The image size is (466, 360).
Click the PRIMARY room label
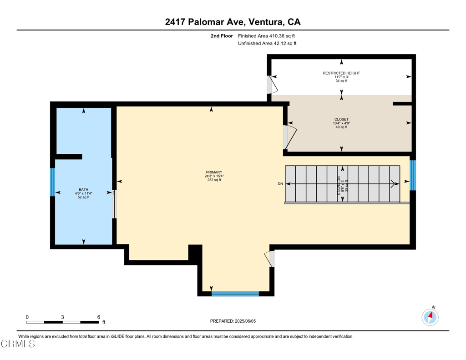coord(214,172)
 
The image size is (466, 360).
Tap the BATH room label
coord(84,189)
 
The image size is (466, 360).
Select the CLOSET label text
coord(341,119)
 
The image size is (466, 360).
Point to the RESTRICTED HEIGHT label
coord(341,73)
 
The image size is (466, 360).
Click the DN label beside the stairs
coord(280,184)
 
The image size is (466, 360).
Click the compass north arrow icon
coord(430,317)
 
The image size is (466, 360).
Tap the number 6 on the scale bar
coord(99,317)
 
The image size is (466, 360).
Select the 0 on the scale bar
coord(27,317)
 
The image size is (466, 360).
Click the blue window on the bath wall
coord(52,182)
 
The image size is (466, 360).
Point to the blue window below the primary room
coord(235,294)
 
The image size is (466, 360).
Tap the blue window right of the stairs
coord(412,175)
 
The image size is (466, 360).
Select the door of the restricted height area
coord(273,85)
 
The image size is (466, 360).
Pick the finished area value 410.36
coord(277,36)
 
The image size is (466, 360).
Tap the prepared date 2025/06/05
coord(245,321)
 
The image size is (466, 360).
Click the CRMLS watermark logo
coord(18,344)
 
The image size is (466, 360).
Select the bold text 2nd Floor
coord(222,36)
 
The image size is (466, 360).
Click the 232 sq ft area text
coord(214,180)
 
